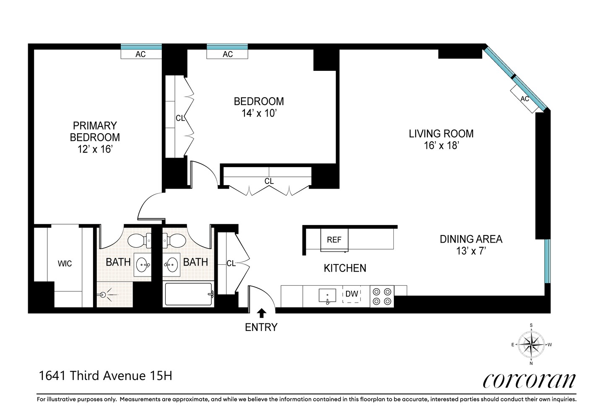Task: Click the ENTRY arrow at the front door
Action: pos(261,313)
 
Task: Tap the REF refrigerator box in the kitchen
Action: pos(334,240)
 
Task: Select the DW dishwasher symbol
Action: pos(352,294)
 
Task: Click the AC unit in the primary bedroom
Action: pos(141,54)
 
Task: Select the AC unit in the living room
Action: pos(524,99)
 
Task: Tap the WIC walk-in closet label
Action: pos(65,264)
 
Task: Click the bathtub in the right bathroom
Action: pos(188,295)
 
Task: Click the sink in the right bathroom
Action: pos(172,265)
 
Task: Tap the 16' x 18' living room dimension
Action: pos(441,145)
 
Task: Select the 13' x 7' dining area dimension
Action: pos(471,251)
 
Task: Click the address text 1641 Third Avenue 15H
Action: pos(105,376)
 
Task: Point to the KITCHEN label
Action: pos(345,268)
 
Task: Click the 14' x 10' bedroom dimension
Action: pos(258,113)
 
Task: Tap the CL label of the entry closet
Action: pos(231,264)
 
